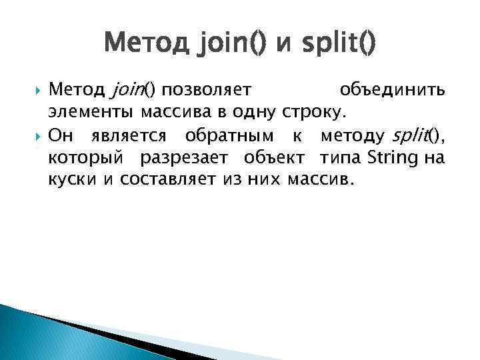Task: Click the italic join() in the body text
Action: pyautogui.click(x=131, y=89)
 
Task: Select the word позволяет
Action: pyautogui.click(x=207, y=89)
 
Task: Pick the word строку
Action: pyautogui.click(x=313, y=111)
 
